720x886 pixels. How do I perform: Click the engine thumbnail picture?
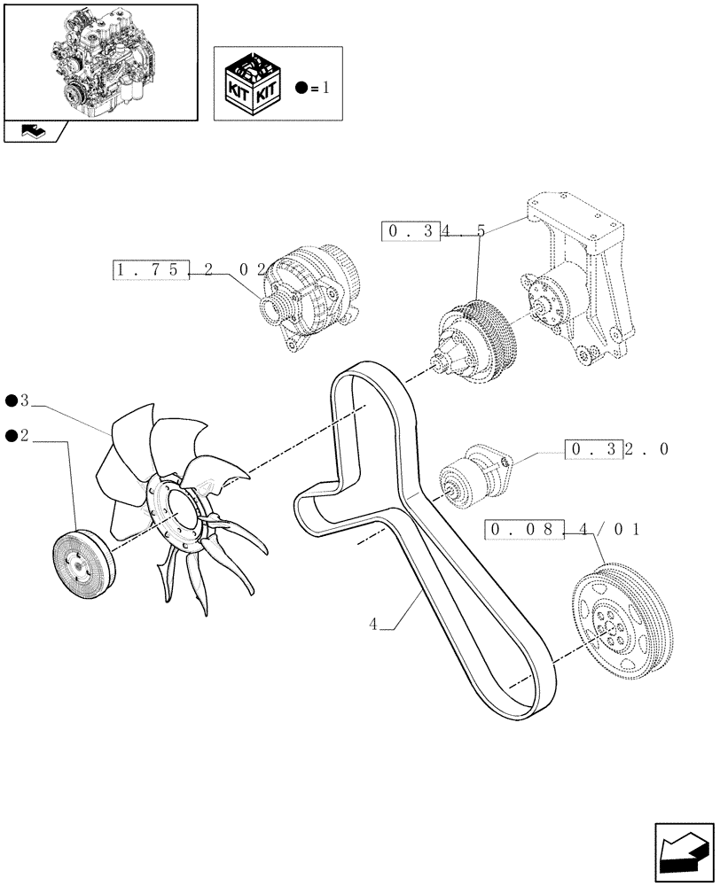[100, 60]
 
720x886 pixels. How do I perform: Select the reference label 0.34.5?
[434, 231]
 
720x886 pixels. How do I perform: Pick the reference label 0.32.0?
[616, 449]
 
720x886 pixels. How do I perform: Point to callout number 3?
[25, 401]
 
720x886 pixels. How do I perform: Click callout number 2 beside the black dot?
[25, 434]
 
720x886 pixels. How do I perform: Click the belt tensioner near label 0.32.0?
[470, 478]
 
